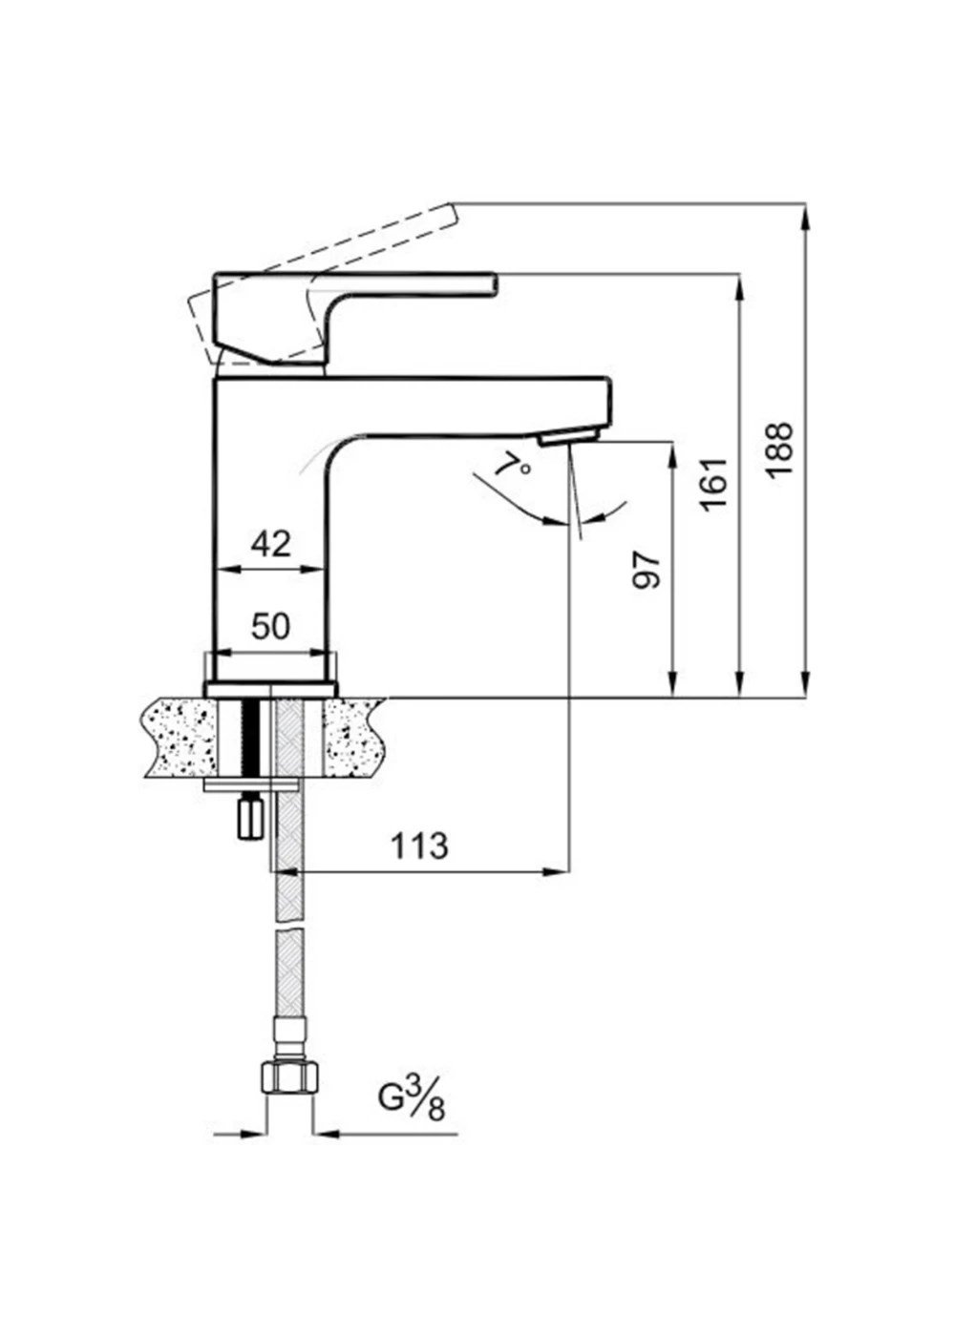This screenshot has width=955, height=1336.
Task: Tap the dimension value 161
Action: point(715,484)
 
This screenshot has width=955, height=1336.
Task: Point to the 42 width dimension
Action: point(271,543)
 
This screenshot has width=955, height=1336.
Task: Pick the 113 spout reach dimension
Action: point(419,845)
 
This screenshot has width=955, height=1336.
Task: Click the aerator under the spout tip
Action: point(567,440)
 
